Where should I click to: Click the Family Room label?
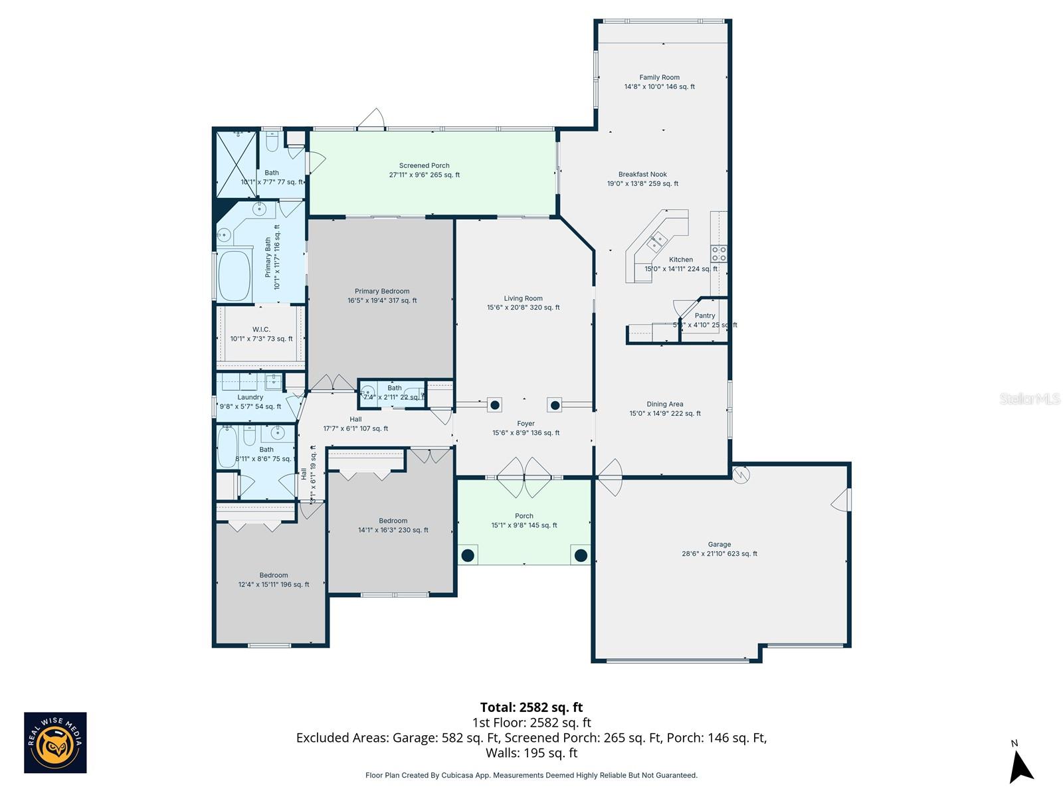point(659,78)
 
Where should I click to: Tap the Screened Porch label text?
point(424,166)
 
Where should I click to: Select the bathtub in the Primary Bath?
point(233,275)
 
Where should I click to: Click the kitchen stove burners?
point(719,253)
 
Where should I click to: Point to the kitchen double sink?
point(658,240)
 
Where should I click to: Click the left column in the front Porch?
point(468,555)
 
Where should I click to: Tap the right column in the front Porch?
point(581,555)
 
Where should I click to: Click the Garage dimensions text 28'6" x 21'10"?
point(719,554)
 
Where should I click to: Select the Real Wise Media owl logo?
point(55,743)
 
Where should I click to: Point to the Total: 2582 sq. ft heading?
point(531,707)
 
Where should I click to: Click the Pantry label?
point(705,316)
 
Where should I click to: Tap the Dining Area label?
point(664,404)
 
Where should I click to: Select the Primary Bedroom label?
point(382,292)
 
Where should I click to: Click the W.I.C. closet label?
point(261,329)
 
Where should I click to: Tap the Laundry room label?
point(250,397)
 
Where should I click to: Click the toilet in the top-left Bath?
point(272,141)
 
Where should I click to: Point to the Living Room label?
point(523,299)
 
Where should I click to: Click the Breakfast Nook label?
point(642,175)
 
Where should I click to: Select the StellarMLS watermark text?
point(1030,399)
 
